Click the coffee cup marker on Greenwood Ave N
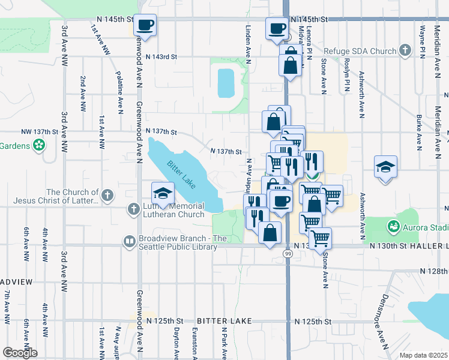[x=145, y=25]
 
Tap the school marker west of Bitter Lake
[x=162, y=194]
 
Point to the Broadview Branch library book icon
[x=130, y=241]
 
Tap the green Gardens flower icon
[x=40, y=145]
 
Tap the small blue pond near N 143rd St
[x=226, y=83]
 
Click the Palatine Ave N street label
[x=119, y=92]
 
